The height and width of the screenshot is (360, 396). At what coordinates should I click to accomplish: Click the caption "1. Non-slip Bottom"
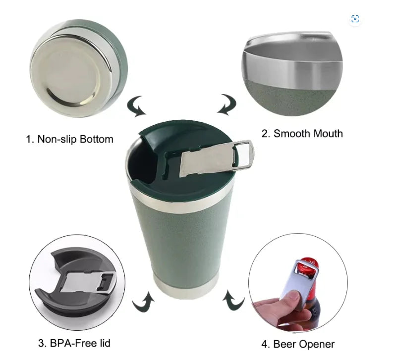tap(70, 139)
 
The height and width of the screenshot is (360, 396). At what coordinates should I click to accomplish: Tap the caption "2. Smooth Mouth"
tap(302, 134)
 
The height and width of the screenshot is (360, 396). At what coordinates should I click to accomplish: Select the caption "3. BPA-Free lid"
tap(74, 343)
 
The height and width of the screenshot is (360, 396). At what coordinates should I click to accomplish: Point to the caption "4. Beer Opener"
tap(298, 344)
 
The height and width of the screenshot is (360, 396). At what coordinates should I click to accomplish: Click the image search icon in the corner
tap(355, 19)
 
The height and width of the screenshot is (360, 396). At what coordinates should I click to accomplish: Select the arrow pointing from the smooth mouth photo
tap(228, 104)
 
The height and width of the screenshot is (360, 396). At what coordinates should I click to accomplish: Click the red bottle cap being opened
tap(308, 265)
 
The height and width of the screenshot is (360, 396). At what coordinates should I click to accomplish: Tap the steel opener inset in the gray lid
tap(89, 282)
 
